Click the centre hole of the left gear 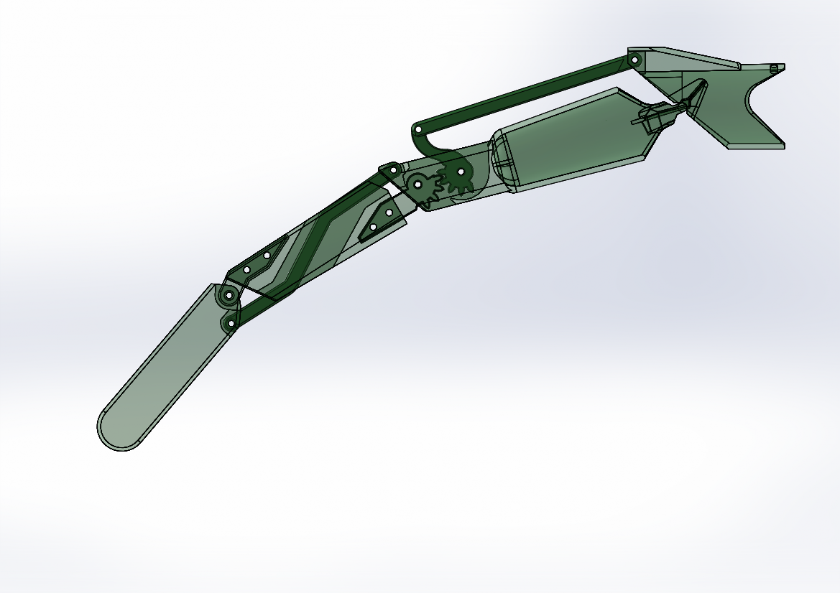[417, 185]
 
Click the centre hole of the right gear [461, 172]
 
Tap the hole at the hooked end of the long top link [418, 131]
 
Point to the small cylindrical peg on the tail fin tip [773, 68]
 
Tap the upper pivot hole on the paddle [229, 295]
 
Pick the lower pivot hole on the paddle [231, 325]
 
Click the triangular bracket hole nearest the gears [389, 213]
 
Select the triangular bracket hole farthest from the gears [373, 228]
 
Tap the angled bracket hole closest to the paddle [247, 270]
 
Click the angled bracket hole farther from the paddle [267, 255]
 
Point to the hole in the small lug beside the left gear [393, 170]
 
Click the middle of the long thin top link [525, 93]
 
